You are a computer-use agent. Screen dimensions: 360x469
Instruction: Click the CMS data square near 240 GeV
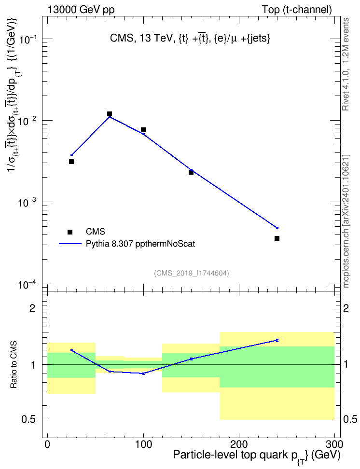point(277,238)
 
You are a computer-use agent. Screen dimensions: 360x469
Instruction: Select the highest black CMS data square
point(110,114)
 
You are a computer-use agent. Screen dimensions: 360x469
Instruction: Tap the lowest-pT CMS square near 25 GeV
point(71,162)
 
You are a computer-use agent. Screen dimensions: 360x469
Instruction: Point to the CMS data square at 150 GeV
point(191,172)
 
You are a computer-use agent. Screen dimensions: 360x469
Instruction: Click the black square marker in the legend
point(69,232)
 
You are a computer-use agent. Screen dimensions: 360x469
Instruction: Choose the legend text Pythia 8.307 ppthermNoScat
point(140,244)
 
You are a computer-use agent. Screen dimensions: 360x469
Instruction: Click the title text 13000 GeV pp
point(81,10)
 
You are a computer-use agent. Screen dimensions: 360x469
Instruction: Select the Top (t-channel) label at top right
point(297,10)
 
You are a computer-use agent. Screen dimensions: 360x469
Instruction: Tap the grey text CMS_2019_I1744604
point(192,273)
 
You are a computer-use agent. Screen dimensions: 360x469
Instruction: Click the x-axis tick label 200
point(239,444)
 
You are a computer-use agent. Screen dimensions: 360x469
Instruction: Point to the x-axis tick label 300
point(334,444)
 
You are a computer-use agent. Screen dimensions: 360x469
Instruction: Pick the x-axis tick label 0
point(48,444)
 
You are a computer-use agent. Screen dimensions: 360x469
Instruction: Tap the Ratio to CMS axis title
point(14,365)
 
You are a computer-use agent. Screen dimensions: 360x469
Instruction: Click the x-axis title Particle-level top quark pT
point(257,455)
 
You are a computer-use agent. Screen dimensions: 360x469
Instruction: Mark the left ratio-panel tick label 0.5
point(28,420)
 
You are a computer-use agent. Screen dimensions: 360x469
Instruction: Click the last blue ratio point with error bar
point(277,340)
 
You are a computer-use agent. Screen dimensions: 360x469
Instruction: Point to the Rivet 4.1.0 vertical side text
point(346,64)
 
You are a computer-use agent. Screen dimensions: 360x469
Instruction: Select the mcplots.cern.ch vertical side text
point(346,221)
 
